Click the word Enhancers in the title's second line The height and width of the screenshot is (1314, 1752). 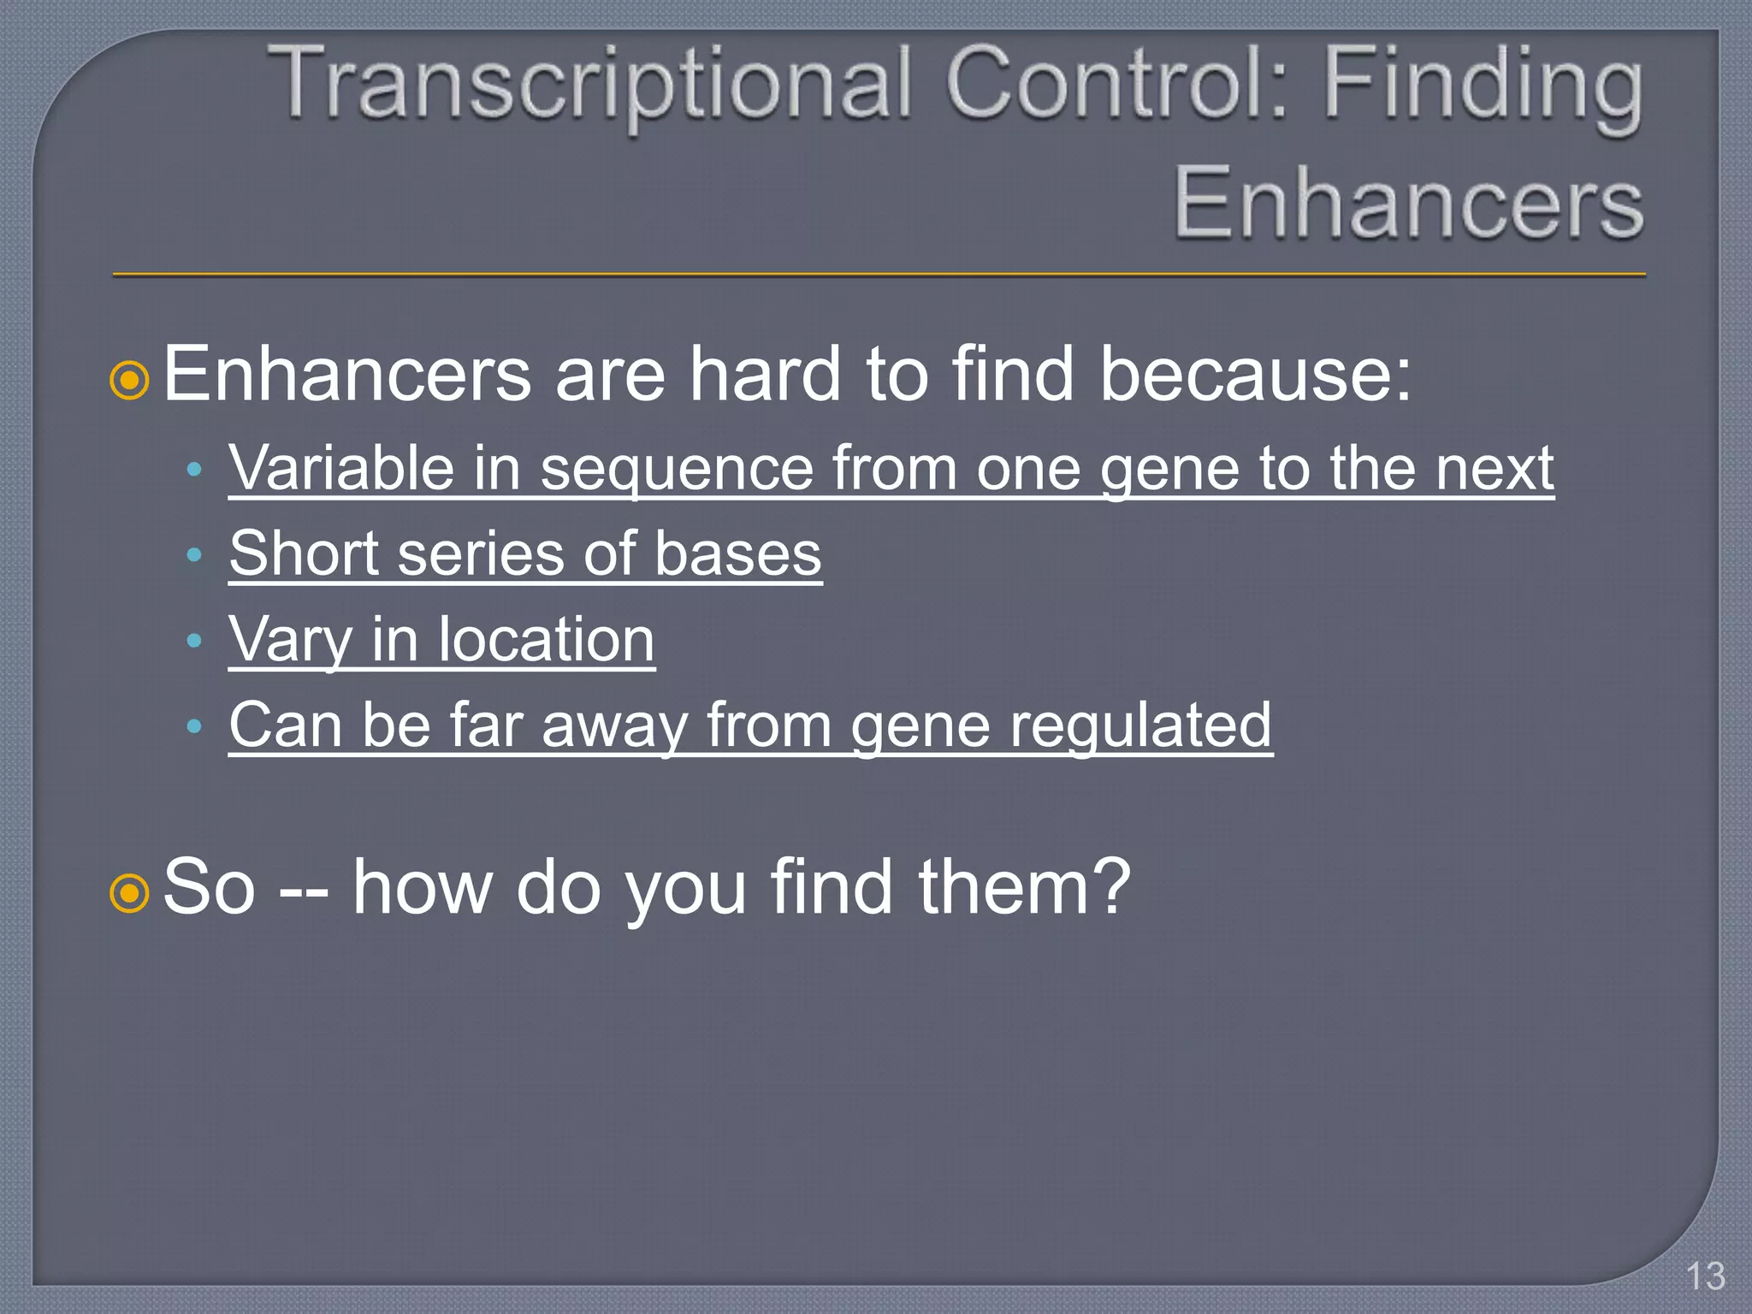pyautogui.click(x=1407, y=204)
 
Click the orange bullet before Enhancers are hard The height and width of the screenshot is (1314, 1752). pyautogui.click(x=130, y=380)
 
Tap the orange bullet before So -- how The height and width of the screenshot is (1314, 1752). pyautogui.click(x=130, y=893)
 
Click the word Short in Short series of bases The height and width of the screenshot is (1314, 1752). pyautogui.click(x=304, y=553)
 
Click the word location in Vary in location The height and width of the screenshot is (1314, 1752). pyautogui.click(x=547, y=639)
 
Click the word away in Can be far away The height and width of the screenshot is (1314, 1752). pyautogui.click(x=614, y=726)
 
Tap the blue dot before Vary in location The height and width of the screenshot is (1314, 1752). pyautogui.click(x=194, y=640)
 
